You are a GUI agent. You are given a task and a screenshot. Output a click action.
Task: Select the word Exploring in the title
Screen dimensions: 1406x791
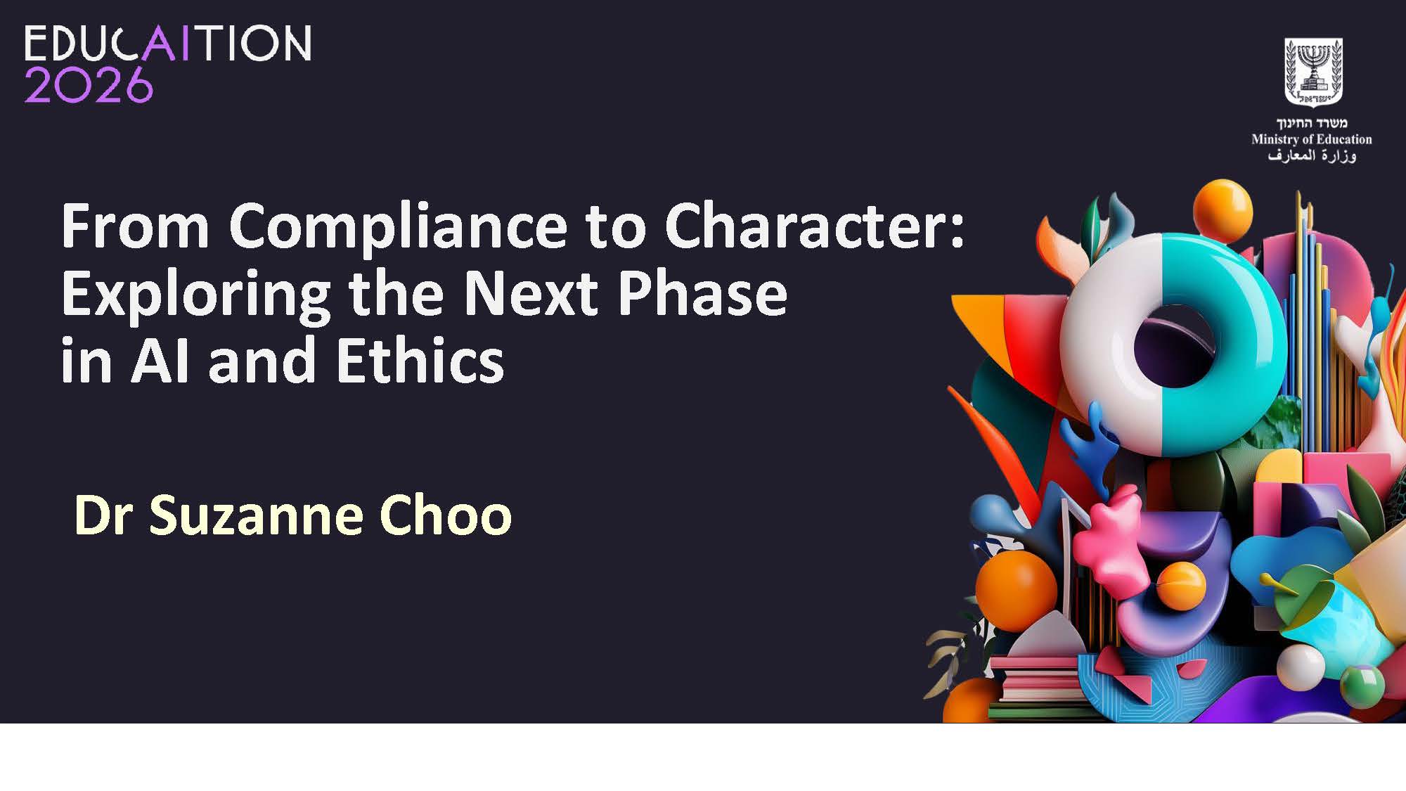pyautogui.click(x=196, y=295)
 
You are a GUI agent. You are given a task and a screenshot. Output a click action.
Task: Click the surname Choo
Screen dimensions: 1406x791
pyautogui.click(x=446, y=515)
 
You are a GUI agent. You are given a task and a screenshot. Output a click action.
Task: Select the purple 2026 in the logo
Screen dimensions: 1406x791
pyautogui.click(x=89, y=85)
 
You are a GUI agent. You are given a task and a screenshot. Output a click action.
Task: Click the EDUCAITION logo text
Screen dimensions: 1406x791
pyautogui.click(x=168, y=44)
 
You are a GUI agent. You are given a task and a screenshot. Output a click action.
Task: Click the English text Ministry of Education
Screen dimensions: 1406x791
pyautogui.click(x=1312, y=139)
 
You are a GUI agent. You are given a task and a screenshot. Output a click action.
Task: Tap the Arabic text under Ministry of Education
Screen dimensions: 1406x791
pyautogui.click(x=1312, y=155)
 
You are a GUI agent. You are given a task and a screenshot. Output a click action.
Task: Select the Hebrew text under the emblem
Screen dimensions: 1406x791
pyautogui.click(x=1312, y=122)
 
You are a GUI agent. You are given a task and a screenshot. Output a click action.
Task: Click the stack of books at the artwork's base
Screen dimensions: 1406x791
pyautogui.click(x=1033, y=678)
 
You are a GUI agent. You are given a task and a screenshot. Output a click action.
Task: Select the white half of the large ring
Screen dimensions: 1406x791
pyautogui.click(x=1104, y=345)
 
